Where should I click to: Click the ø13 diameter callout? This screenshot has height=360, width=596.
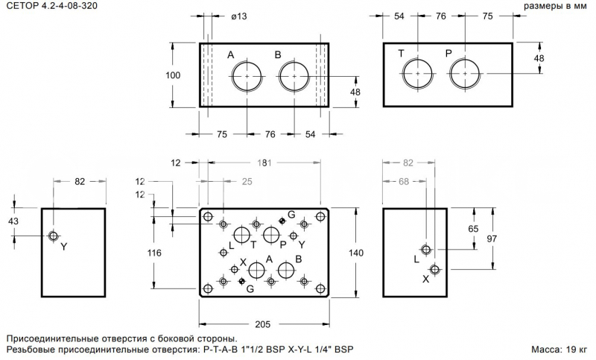click(238, 16)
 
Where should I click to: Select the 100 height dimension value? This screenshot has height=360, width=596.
click(173, 75)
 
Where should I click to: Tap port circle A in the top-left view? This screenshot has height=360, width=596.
click(247, 76)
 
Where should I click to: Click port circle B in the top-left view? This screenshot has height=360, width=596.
click(294, 76)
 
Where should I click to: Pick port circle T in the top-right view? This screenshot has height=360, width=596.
click(418, 73)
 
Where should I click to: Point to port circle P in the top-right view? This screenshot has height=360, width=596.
click(464, 73)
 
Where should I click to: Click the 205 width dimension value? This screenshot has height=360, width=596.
click(263, 324)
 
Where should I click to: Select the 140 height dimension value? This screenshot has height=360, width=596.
click(356, 253)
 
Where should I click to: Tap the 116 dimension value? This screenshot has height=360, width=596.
click(154, 253)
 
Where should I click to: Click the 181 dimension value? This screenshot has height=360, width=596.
click(264, 162)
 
